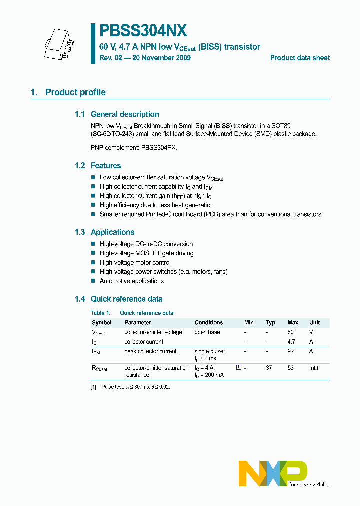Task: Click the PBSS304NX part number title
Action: tap(143, 31)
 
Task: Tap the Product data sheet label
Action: tap(300, 58)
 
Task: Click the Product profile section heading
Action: tap(75, 92)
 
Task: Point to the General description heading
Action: tap(125, 114)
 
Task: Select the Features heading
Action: tap(106, 166)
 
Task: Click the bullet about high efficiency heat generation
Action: tap(156, 205)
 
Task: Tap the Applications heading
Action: tap(112, 232)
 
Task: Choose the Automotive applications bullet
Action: tap(131, 281)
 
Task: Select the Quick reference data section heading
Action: tap(126, 299)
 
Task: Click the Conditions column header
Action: tap(208, 322)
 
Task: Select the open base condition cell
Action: tap(207, 332)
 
